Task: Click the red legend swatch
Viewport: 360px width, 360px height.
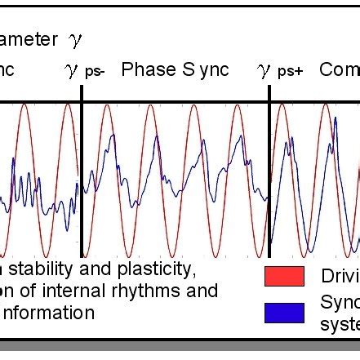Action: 284,277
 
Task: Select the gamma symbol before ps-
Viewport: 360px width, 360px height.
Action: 71,71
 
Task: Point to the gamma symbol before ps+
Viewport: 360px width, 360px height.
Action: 264,71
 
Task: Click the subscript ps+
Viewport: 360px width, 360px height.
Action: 290,73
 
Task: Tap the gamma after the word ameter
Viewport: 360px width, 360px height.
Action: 76,39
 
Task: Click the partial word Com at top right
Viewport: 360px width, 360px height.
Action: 339,70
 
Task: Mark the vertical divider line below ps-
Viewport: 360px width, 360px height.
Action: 82,171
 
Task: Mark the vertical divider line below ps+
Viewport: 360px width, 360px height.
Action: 269,171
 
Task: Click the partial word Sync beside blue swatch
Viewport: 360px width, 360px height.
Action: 339,304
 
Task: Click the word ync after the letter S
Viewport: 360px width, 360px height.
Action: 211,71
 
